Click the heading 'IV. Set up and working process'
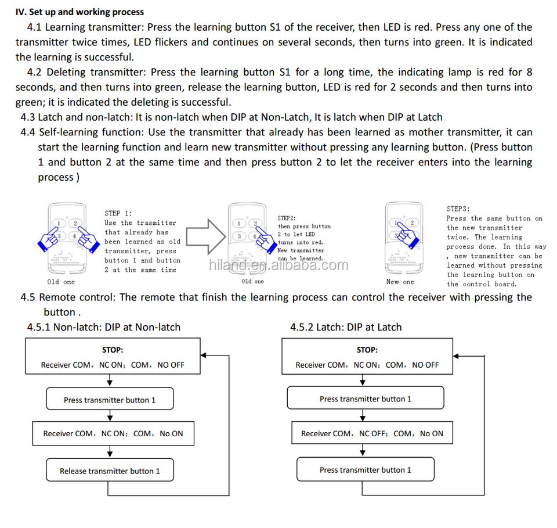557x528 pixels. pyautogui.click(x=79, y=12)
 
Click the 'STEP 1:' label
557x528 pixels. pyautogui.click(x=118, y=213)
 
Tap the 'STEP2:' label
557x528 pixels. pyautogui.click(x=287, y=218)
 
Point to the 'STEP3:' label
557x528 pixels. pyautogui.click(x=458, y=209)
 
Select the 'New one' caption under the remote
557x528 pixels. pyautogui.click(x=400, y=282)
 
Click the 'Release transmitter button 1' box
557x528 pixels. pyautogui.click(x=110, y=471)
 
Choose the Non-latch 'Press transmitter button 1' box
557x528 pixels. pyautogui.click(x=110, y=400)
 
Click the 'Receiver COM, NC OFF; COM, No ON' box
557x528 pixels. pyautogui.click(x=371, y=433)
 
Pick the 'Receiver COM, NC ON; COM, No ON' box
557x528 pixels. pyautogui.click(x=113, y=433)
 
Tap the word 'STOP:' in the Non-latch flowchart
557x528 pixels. pyautogui.click(x=113, y=350)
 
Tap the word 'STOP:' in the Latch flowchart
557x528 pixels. pyautogui.click(x=367, y=350)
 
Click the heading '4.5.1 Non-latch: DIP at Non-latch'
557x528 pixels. pyautogui.click(x=104, y=327)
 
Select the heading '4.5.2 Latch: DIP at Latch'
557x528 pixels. pyautogui.click(x=346, y=327)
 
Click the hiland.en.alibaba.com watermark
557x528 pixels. pyautogui.click(x=278, y=265)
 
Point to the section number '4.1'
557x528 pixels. pyautogui.click(x=34, y=27)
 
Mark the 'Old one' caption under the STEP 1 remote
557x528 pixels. pyautogui.click(x=61, y=282)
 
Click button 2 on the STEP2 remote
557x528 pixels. pyautogui.click(x=254, y=223)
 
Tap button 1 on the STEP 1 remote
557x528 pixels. pyautogui.click(x=60, y=223)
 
